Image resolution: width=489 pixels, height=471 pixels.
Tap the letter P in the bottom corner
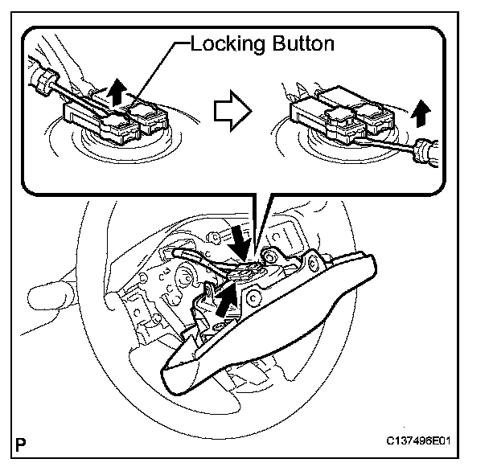(x=21, y=442)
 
